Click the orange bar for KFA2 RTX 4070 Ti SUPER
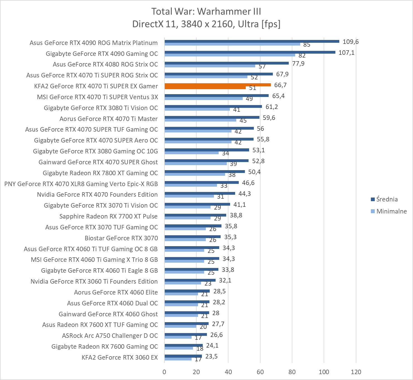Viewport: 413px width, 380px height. [x=218, y=85]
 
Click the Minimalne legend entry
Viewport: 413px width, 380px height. [x=391, y=211]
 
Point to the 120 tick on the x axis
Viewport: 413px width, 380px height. [x=356, y=372]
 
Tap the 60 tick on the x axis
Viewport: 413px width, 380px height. [x=260, y=372]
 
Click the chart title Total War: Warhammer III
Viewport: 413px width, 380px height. [x=206, y=11]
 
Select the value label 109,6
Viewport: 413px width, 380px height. [x=351, y=42]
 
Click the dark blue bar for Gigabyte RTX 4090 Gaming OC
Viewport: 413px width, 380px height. [x=250, y=52]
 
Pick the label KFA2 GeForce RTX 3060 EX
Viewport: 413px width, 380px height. [x=120, y=357]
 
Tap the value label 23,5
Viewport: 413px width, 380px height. [x=211, y=357]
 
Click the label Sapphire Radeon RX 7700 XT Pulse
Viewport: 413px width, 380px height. [x=108, y=216]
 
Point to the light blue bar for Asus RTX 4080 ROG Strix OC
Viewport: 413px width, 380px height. [x=210, y=66]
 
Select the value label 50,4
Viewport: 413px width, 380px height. [x=254, y=172]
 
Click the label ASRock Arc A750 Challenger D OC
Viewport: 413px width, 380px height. [x=110, y=336]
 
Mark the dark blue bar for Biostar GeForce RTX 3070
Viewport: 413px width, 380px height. [x=192, y=237]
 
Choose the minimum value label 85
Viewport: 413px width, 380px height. [x=307, y=45]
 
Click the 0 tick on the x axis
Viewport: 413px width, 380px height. [x=164, y=372]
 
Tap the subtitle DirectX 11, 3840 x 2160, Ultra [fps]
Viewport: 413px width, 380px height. [x=206, y=24]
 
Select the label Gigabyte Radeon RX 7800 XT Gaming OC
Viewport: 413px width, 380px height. [x=100, y=173]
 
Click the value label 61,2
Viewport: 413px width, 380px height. [x=272, y=107]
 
